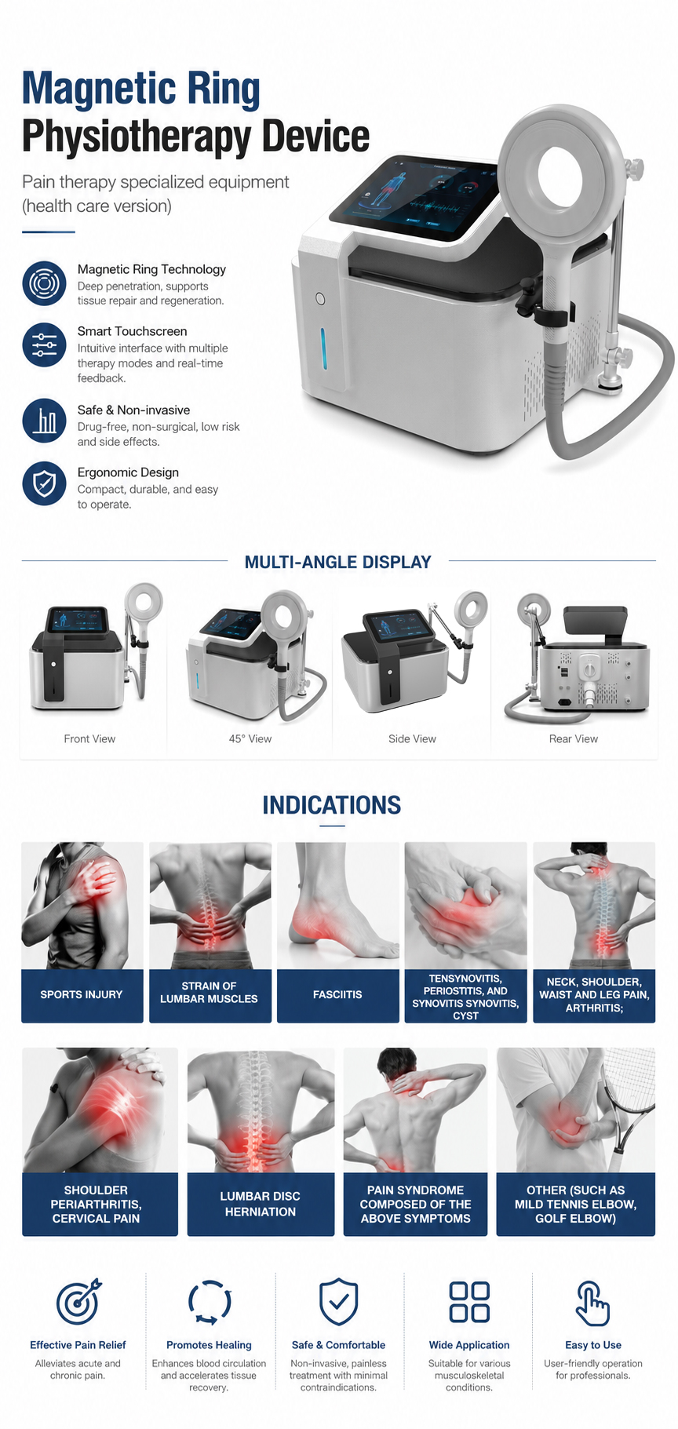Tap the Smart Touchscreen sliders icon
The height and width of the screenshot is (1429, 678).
[44, 344]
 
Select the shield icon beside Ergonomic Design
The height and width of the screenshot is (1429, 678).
[44, 483]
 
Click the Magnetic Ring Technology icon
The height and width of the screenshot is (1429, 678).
[44, 283]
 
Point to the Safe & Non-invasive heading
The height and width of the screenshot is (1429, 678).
[133, 410]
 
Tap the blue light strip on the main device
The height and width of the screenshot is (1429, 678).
[322, 351]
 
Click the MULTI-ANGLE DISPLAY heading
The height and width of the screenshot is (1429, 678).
[338, 562]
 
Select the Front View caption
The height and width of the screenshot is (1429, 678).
[89, 738]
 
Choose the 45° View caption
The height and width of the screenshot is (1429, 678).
[250, 738]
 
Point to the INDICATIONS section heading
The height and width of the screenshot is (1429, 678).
[332, 805]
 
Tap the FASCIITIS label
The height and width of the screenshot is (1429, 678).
[337, 994]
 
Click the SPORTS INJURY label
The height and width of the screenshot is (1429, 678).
[82, 994]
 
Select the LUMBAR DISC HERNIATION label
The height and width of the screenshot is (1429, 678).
[261, 1204]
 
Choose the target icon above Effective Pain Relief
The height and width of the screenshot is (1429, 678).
[78, 1302]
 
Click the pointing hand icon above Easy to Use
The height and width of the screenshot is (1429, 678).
[592, 1303]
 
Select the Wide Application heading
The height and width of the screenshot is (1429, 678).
[469, 1345]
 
